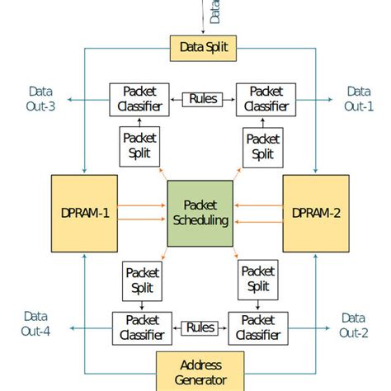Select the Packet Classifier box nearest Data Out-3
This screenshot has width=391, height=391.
tap(134, 100)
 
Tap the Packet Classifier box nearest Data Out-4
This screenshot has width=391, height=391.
tap(142, 327)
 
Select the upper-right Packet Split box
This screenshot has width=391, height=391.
tap(263, 146)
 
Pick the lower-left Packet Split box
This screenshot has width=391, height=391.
tap(143, 280)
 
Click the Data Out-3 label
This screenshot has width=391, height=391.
tap(40, 99)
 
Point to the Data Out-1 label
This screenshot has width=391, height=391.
tap(359, 99)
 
